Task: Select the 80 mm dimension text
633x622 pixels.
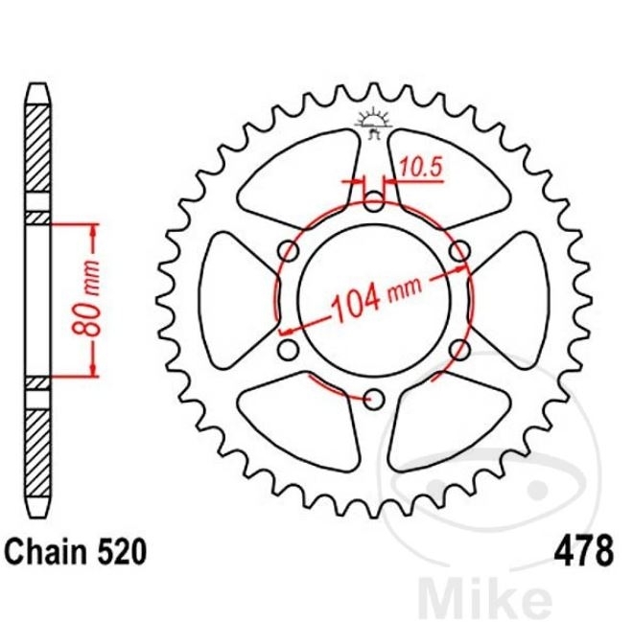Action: [86, 299]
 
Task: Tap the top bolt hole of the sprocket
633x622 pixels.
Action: [373, 201]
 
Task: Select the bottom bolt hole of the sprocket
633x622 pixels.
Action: [373, 400]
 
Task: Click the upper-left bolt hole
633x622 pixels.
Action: [289, 251]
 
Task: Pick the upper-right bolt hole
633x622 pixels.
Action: [459, 251]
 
